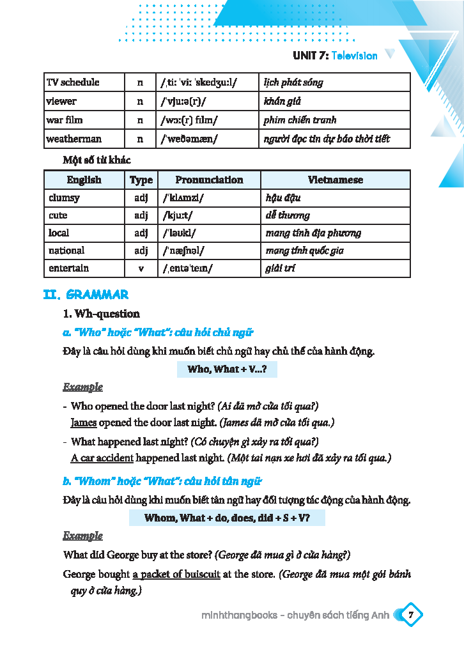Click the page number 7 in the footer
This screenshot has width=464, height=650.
click(411, 615)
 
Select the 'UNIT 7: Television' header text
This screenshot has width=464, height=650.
click(335, 56)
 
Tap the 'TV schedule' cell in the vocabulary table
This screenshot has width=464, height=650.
click(73, 82)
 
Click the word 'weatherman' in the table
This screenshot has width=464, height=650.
click(73, 139)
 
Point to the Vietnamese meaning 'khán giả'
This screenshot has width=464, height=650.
click(282, 101)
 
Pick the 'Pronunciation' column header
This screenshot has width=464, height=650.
click(209, 180)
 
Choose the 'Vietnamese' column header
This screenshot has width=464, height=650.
click(335, 180)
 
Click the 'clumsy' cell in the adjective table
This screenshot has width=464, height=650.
click(64, 198)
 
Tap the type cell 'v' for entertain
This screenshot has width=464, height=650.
click(141, 268)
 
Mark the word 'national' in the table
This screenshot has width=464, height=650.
click(66, 251)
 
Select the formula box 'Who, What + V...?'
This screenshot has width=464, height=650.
click(227, 369)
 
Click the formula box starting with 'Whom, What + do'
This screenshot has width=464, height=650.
click(227, 518)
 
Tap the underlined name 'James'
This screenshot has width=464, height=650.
click(84, 422)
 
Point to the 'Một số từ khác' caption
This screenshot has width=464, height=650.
click(97, 160)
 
